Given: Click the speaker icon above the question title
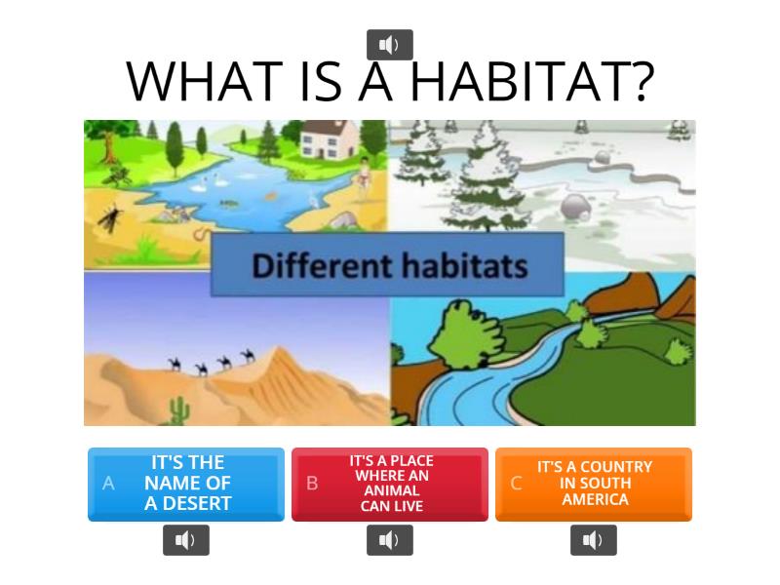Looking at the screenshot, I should (389, 45).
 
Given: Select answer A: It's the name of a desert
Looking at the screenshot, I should (186, 484).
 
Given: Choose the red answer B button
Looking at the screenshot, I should (390, 484).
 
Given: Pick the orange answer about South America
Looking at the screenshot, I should (594, 484).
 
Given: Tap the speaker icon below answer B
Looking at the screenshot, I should (389, 540).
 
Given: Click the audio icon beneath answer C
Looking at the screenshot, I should (593, 540).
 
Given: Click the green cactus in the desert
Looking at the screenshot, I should (178, 411).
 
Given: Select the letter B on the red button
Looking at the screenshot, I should (312, 484).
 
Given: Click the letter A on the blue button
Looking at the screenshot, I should (108, 484).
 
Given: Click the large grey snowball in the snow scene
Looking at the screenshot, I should (575, 207).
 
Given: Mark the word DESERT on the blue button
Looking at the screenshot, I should (188, 503).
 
